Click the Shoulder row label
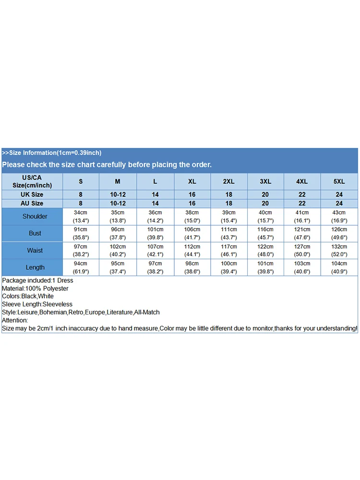coord(35,216)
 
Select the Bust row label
coord(35,233)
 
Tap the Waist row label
coord(35,251)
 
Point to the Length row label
coord(35,267)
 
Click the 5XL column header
coord(339,181)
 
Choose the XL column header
coord(192,181)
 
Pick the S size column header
coord(81,181)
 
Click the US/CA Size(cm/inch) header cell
coord(32,181)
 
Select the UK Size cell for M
coord(118,194)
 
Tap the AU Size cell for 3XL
coord(265,204)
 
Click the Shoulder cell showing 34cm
coord(81,216)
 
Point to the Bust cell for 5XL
coord(339,233)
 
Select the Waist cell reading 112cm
coord(192,251)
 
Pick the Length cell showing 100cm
coord(229,267)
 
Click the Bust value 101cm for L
coord(156,233)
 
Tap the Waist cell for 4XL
coord(302,251)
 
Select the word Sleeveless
coord(58,304)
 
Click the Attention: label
coord(15,320)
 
